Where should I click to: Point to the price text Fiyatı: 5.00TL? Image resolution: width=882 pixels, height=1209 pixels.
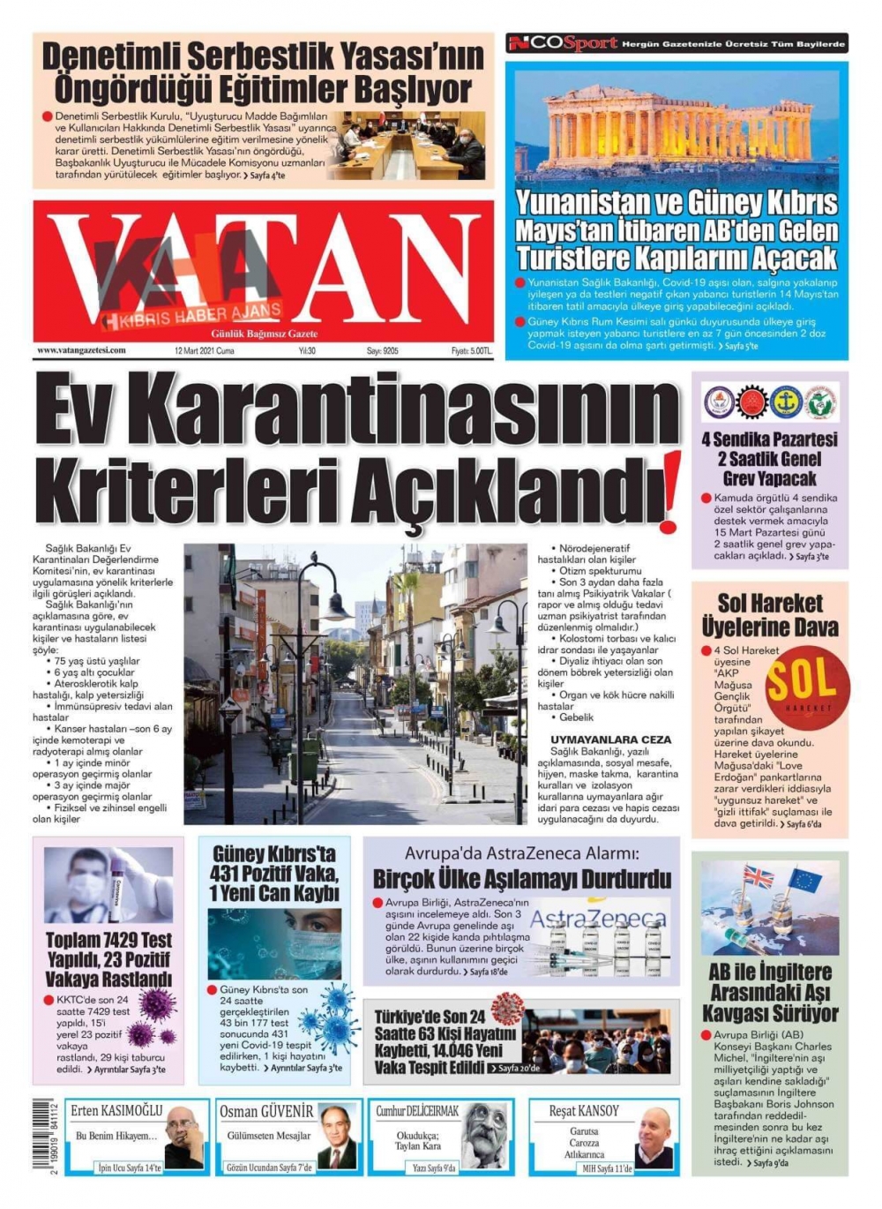472,351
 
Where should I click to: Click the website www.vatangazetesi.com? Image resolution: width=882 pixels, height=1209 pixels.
81,350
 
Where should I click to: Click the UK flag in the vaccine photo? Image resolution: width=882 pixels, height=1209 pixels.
758,877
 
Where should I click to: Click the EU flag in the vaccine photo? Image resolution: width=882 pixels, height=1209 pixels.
804,880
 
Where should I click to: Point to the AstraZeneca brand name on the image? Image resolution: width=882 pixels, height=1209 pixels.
598,918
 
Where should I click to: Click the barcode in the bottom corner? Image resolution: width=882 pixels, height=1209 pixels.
42,1135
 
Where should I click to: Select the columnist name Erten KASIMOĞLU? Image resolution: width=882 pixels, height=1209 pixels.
116,1111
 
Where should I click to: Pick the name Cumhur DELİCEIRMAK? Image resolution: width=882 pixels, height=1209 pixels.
417,1111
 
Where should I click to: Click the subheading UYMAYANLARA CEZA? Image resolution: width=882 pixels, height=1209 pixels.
610,740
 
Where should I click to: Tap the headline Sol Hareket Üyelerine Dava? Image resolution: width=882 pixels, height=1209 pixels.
769,615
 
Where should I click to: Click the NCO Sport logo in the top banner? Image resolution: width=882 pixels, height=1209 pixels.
563,43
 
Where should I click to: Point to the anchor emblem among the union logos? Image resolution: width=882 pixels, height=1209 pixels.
786,402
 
